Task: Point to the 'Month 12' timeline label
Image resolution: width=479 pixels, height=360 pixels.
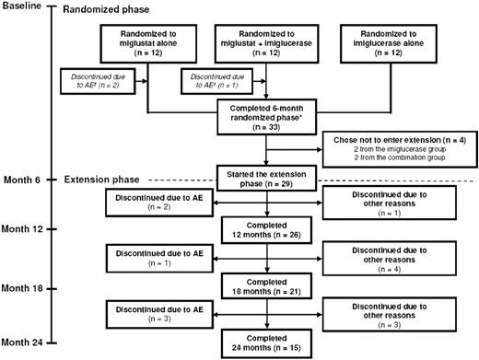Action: pyautogui.click(x=26, y=226)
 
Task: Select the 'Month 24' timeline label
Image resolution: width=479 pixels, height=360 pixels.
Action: pyautogui.click(x=26, y=344)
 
